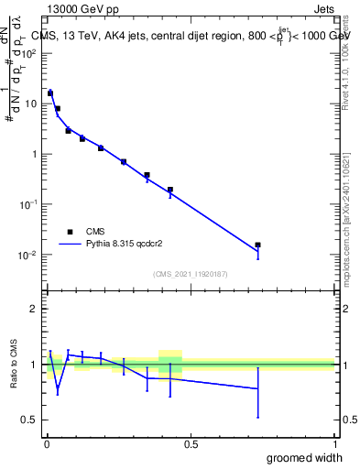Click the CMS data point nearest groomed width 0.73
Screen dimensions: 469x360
coord(257,245)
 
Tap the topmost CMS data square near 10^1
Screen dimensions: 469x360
coord(50,93)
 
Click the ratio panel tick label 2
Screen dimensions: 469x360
coord(34,310)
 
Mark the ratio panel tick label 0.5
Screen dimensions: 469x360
coord(29,420)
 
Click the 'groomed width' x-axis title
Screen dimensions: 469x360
coord(305,457)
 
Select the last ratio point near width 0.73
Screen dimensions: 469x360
coord(257,388)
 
